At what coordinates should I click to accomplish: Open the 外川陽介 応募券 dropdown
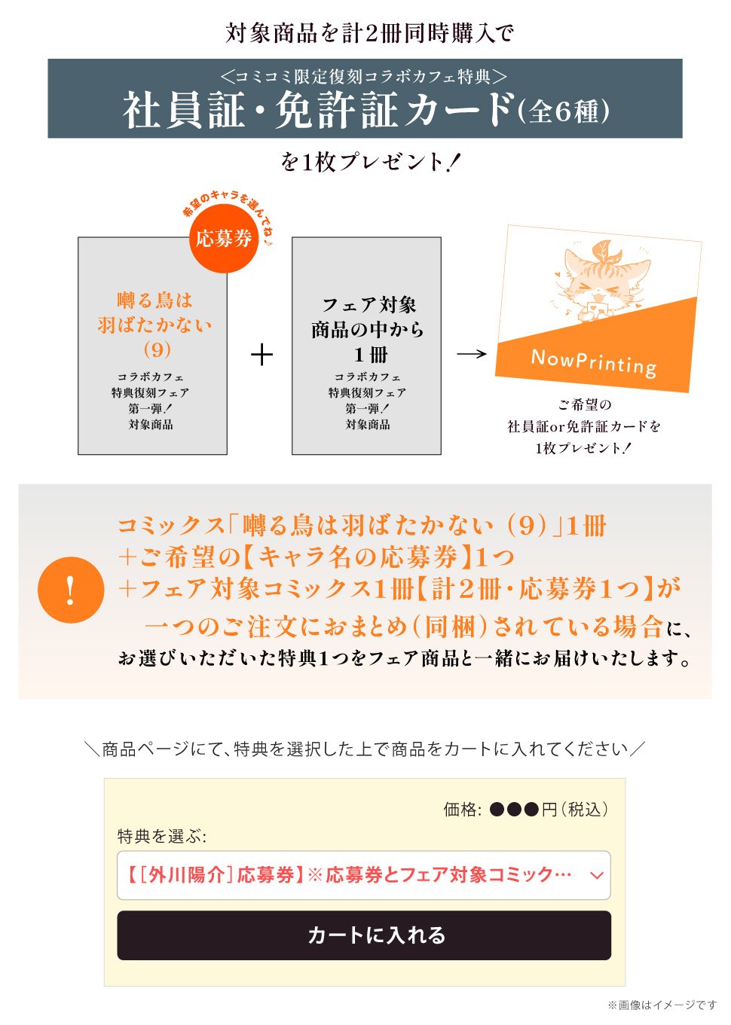[364, 875]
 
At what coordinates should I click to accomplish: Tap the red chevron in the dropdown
[596, 875]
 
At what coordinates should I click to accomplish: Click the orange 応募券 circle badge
[224, 239]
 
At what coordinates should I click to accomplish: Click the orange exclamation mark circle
[71, 590]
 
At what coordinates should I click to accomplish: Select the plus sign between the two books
[262, 355]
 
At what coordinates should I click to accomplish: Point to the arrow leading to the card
[472, 354]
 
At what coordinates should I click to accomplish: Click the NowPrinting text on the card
[594, 363]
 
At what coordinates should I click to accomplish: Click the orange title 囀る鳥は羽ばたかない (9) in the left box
[154, 325]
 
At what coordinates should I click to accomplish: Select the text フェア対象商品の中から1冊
[368, 329]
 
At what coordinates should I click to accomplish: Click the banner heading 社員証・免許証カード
[318, 110]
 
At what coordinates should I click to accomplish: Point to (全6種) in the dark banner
[564, 111]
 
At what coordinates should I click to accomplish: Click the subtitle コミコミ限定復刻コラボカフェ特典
[364, 76]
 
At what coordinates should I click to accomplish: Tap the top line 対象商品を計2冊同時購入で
[370, 33]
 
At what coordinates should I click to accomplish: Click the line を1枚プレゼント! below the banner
[371, 162]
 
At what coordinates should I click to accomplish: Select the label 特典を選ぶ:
[162, 837]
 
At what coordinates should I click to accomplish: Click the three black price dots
[514, 810]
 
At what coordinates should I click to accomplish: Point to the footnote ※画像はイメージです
[662, 1005]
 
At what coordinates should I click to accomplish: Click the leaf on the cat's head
[605, 251]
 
